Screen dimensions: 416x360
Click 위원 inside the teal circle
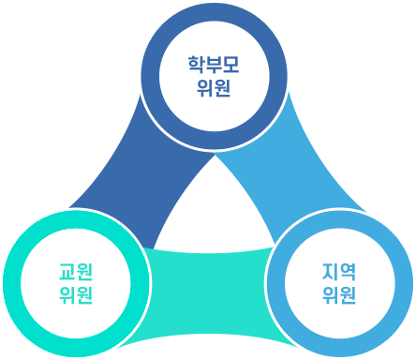76,296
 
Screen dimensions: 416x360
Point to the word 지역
339,272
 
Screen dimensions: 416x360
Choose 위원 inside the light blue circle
339,296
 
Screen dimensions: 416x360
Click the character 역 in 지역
349,272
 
